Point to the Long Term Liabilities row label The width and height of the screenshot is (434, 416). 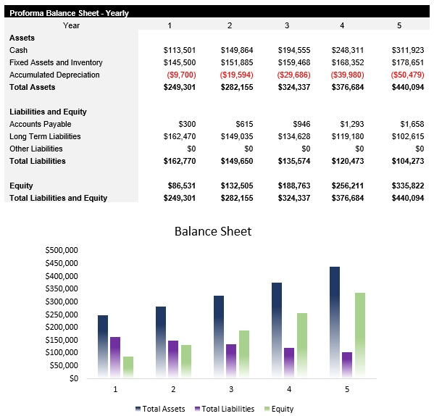[x=45, y=136]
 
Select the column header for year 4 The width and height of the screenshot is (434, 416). [x=342, y=25]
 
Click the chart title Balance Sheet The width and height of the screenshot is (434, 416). [x=213, y=231]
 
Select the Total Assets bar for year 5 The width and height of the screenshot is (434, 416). [x=335, y=322]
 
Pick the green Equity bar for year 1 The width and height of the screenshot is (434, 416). [x=128, y=367]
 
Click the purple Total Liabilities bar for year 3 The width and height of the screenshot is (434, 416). [x=231, y=360]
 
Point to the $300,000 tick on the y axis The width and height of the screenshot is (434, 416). [x=61, y=301]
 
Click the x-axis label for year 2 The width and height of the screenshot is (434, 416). [x=173, y=390]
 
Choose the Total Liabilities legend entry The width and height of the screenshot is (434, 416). [x=225, y=409]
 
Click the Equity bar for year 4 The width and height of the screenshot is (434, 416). [x=302, y=345]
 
